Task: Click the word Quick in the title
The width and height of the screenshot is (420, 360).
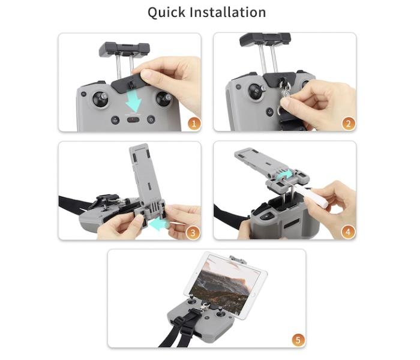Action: (x=166, y=13)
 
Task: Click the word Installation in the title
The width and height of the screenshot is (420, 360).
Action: (x=228, y=13)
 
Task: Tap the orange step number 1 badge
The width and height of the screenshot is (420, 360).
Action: (x=194, y=124)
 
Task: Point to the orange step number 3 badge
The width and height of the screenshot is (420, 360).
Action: (x=193, y=232)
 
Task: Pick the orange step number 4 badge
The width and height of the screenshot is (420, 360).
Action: (x=348, y=232)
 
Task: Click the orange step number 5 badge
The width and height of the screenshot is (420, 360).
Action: (x=298, y=340)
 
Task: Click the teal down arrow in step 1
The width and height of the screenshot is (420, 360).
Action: (x=134, y=101)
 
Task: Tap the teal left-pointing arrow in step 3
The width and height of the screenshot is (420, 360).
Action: (x=158, y=223)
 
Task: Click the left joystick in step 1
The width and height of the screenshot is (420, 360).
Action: (x=100, y=99)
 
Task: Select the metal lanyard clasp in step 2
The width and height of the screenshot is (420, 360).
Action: (x=285, y=90)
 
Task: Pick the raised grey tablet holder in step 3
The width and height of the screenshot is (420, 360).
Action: (x=145, y=178)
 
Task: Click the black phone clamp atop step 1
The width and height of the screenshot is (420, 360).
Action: (x=124, y=50)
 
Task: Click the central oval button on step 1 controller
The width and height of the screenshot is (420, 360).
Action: (x=133, y=119)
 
